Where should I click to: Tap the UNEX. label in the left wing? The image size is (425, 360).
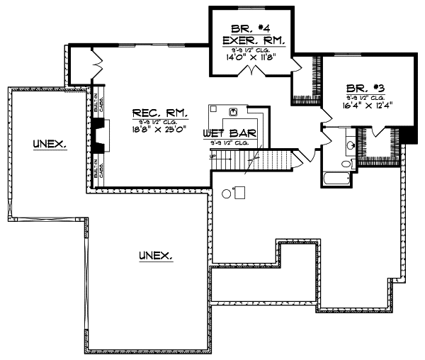click(49, 144)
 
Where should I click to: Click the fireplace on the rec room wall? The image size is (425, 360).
click(99, 135)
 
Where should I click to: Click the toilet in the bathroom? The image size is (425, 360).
click(346, 164)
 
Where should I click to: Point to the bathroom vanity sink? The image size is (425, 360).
click(350, 146)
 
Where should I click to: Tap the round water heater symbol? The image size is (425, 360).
click(227, 192)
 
